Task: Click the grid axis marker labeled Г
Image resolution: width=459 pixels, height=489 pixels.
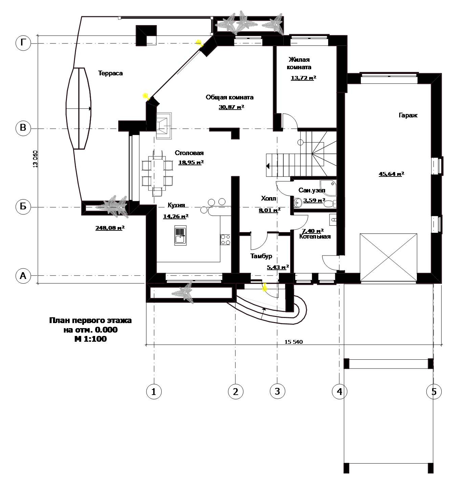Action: (x=23, y=43)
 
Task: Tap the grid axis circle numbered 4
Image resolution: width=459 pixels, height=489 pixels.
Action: (x=339, y=391)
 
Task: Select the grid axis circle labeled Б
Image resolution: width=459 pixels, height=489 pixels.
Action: (x=23, y=206)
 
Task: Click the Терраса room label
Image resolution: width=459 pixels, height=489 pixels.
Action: (x=110, y=73)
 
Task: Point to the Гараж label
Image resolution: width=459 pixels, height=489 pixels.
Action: (x=408, y=115)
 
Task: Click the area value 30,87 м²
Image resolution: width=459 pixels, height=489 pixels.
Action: (x=231, y=107)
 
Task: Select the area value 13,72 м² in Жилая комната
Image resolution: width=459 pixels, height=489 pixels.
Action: (x=303, y=78)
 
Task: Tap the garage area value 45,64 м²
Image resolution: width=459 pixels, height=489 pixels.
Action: (x=391, y=174)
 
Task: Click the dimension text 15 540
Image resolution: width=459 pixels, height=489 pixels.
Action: (x=294, y=342)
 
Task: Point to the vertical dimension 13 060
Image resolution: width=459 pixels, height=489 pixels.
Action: (x=35, y=159)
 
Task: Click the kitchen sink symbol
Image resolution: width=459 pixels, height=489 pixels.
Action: (x=180, y=235)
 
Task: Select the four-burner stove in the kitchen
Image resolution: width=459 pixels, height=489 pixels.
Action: (x=226, y=239)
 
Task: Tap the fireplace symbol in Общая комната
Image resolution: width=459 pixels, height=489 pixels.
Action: (x=163, y=126)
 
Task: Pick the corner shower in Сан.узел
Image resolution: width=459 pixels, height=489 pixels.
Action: (x=328, y=188)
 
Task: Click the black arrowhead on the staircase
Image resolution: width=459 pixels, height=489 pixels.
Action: (x=268, y=166)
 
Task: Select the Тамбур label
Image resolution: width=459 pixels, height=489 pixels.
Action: (x=261, y=256)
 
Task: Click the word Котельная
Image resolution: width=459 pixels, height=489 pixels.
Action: (x=315, y=237)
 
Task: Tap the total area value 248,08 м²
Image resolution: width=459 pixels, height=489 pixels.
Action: (x=110, y=228)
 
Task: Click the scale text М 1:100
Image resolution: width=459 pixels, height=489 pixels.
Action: (x=90, y=339)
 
